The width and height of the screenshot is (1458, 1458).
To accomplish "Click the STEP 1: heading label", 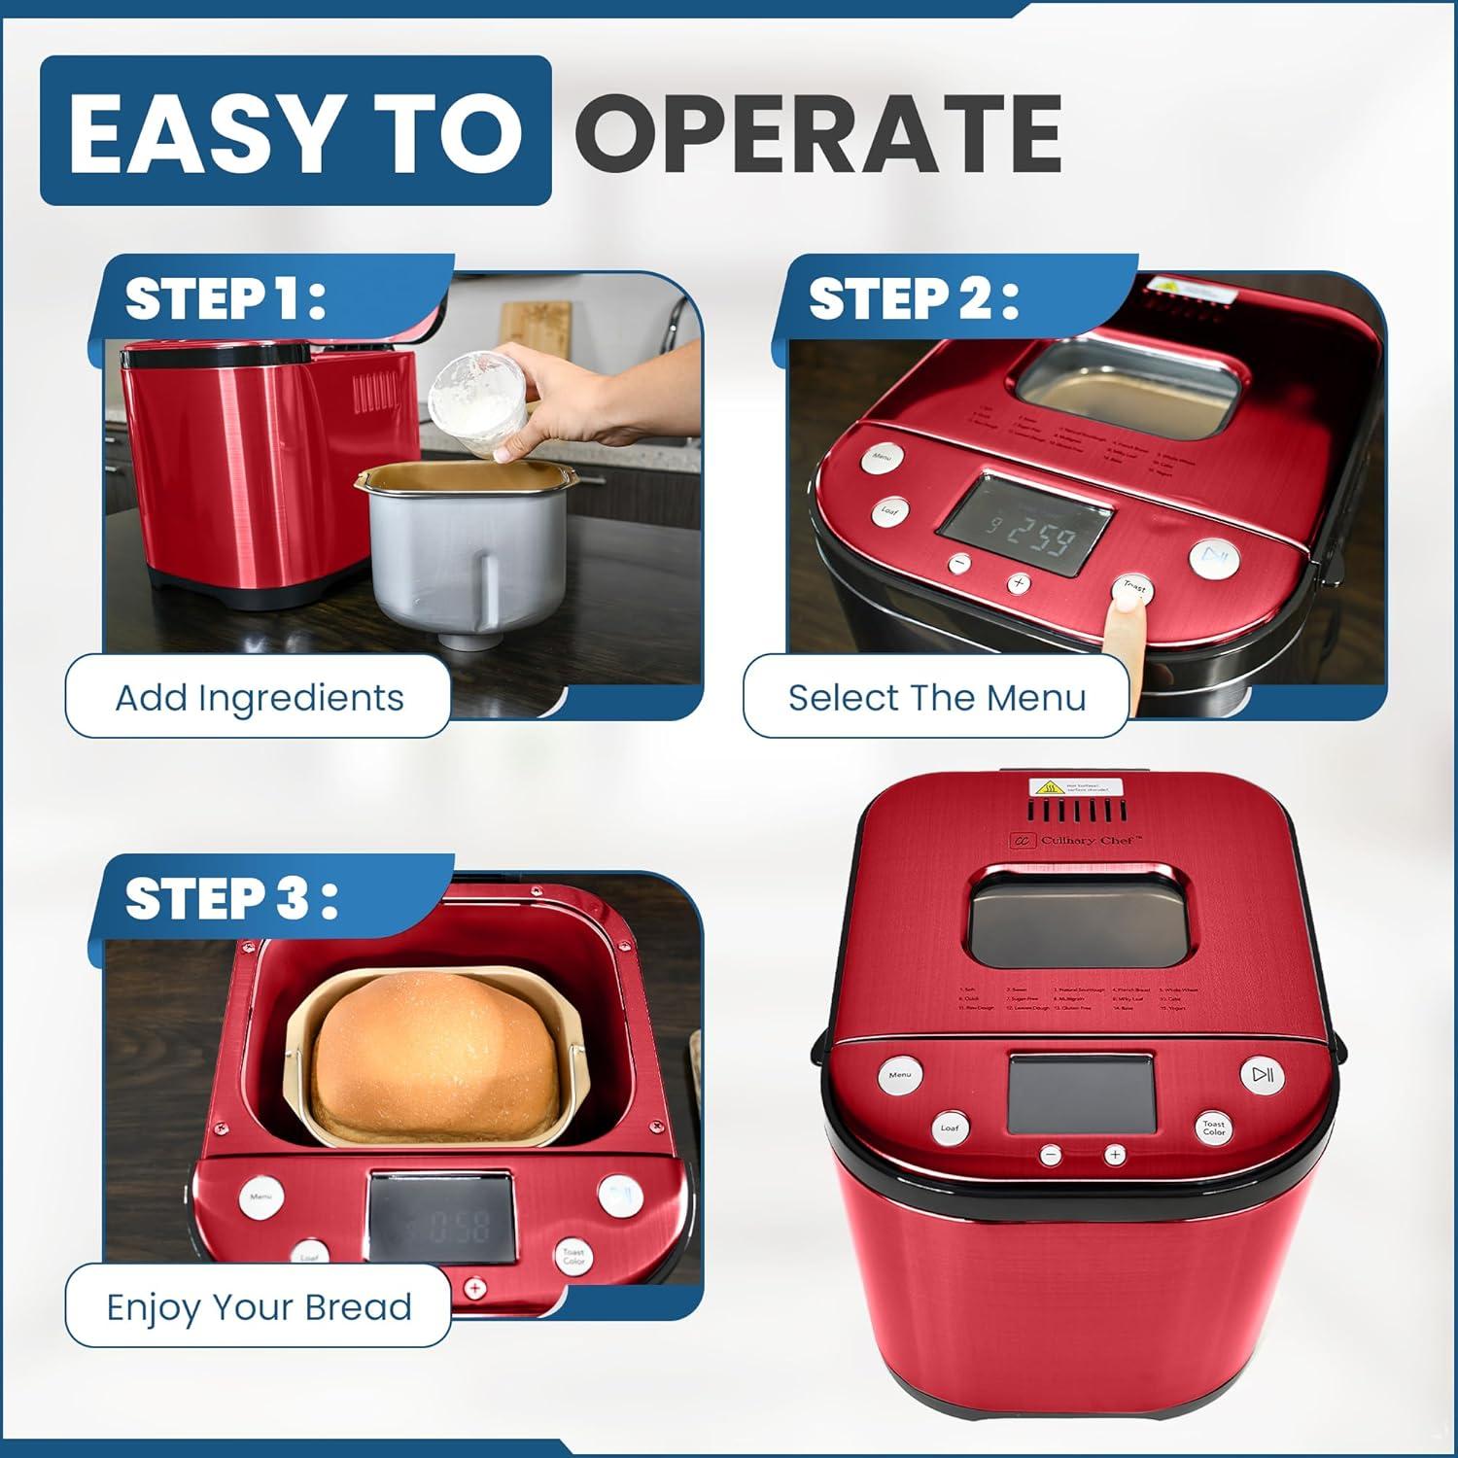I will click(226, 298).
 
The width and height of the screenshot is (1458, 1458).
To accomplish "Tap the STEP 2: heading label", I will click(915, 298).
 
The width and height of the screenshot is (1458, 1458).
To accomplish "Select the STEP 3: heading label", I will click(231, 898).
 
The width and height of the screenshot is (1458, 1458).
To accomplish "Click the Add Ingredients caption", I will click(259, 697).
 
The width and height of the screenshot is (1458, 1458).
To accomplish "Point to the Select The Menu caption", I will click(936, 697).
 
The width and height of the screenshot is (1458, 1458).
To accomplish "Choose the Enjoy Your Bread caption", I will click(259, 1306).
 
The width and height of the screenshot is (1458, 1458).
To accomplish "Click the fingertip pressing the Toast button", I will click(1128, 604).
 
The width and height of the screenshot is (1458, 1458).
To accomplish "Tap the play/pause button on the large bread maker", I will click(1261, 1075).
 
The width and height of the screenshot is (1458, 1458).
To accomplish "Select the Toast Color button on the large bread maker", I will click(1213, 1128).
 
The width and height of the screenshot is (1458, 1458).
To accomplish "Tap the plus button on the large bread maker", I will click(1114, 1155).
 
